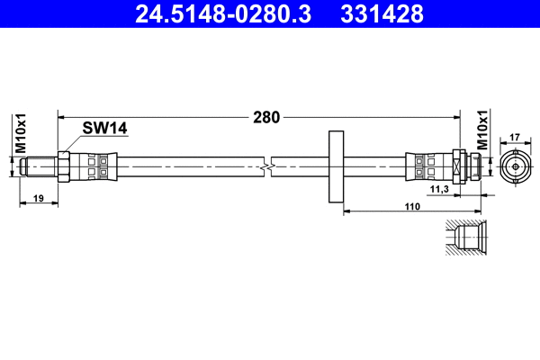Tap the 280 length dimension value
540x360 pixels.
coord(266,117)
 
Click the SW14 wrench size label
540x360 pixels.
coord(104,129)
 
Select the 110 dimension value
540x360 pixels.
coord(411,206)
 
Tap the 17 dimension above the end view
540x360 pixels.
coord(516,138)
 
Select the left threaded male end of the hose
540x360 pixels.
coord(40,166)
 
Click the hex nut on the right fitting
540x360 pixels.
coord(457,166)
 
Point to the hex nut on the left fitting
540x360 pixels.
coord(65,166)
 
